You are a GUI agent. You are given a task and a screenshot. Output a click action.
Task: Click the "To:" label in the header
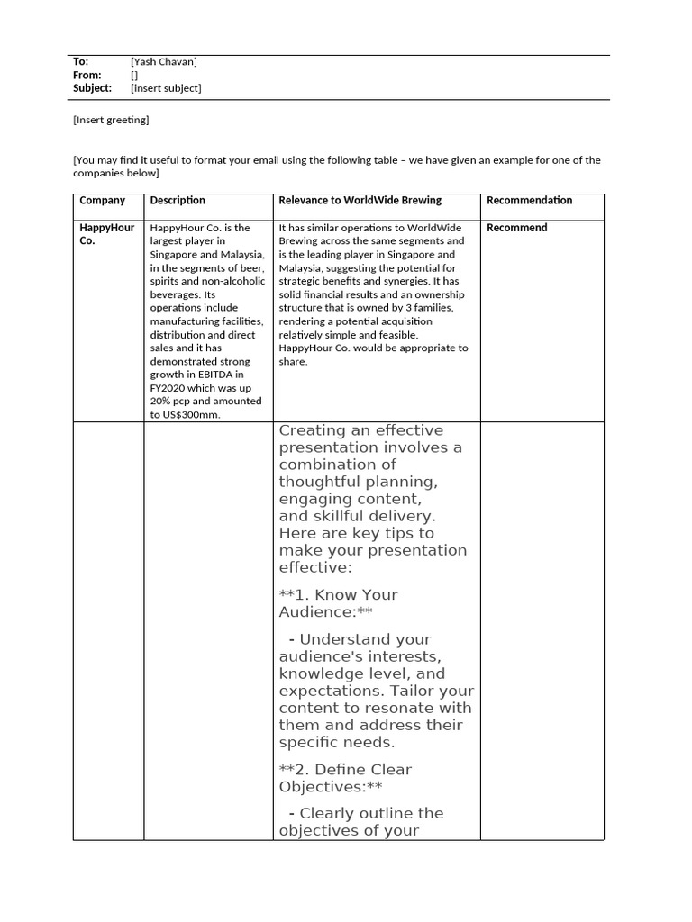pos(80,61)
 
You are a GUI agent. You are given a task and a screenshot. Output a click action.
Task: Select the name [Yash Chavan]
pos(163,61)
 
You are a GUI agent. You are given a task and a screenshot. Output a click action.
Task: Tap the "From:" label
pos(86,75)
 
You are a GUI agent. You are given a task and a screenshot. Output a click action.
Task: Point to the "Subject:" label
pos(92,88)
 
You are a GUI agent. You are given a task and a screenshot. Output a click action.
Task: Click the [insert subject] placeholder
pos(166,88)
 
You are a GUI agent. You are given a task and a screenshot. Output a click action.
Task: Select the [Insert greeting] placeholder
pos(111,120)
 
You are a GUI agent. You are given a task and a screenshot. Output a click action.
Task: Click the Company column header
pos(102,201)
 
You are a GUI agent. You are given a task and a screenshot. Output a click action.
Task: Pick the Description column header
pos(178,201)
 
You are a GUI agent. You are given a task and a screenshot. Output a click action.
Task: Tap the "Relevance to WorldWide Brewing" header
pos(360,201)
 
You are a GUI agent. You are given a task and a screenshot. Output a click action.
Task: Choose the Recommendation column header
pos(529,201)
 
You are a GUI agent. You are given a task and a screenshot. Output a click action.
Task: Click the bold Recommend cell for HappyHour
pos(516,228)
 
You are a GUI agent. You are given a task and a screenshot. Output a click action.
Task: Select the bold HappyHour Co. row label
pos(106,234)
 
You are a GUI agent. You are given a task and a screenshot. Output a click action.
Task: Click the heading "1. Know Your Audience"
pos(338,602)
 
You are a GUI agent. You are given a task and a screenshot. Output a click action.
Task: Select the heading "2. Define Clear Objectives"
pos(344,777)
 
